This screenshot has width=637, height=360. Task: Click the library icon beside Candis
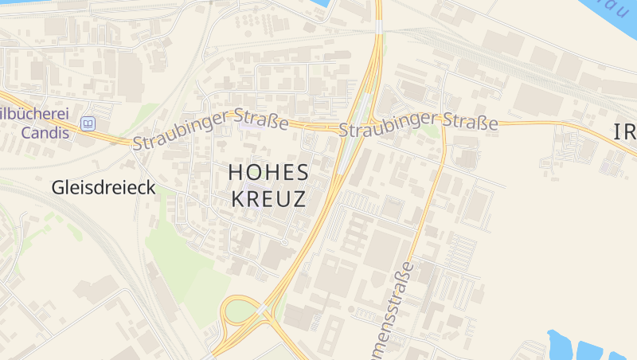coord(88,123)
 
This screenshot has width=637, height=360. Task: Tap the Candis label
coord(45,132)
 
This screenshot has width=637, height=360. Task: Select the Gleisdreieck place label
coord(104,188)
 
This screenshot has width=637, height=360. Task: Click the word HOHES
coord(268,171)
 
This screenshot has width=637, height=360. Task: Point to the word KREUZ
coord(268,199)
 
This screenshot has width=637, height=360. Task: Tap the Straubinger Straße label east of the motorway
coord(419,123)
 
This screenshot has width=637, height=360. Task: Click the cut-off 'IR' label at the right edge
coord(624,133)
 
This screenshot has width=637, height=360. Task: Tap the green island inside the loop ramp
coord(240,310)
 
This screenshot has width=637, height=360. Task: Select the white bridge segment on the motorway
coord(379,27)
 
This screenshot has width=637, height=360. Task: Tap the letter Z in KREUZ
coord(299,199)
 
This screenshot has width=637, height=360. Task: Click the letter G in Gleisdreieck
coord(57,188)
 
